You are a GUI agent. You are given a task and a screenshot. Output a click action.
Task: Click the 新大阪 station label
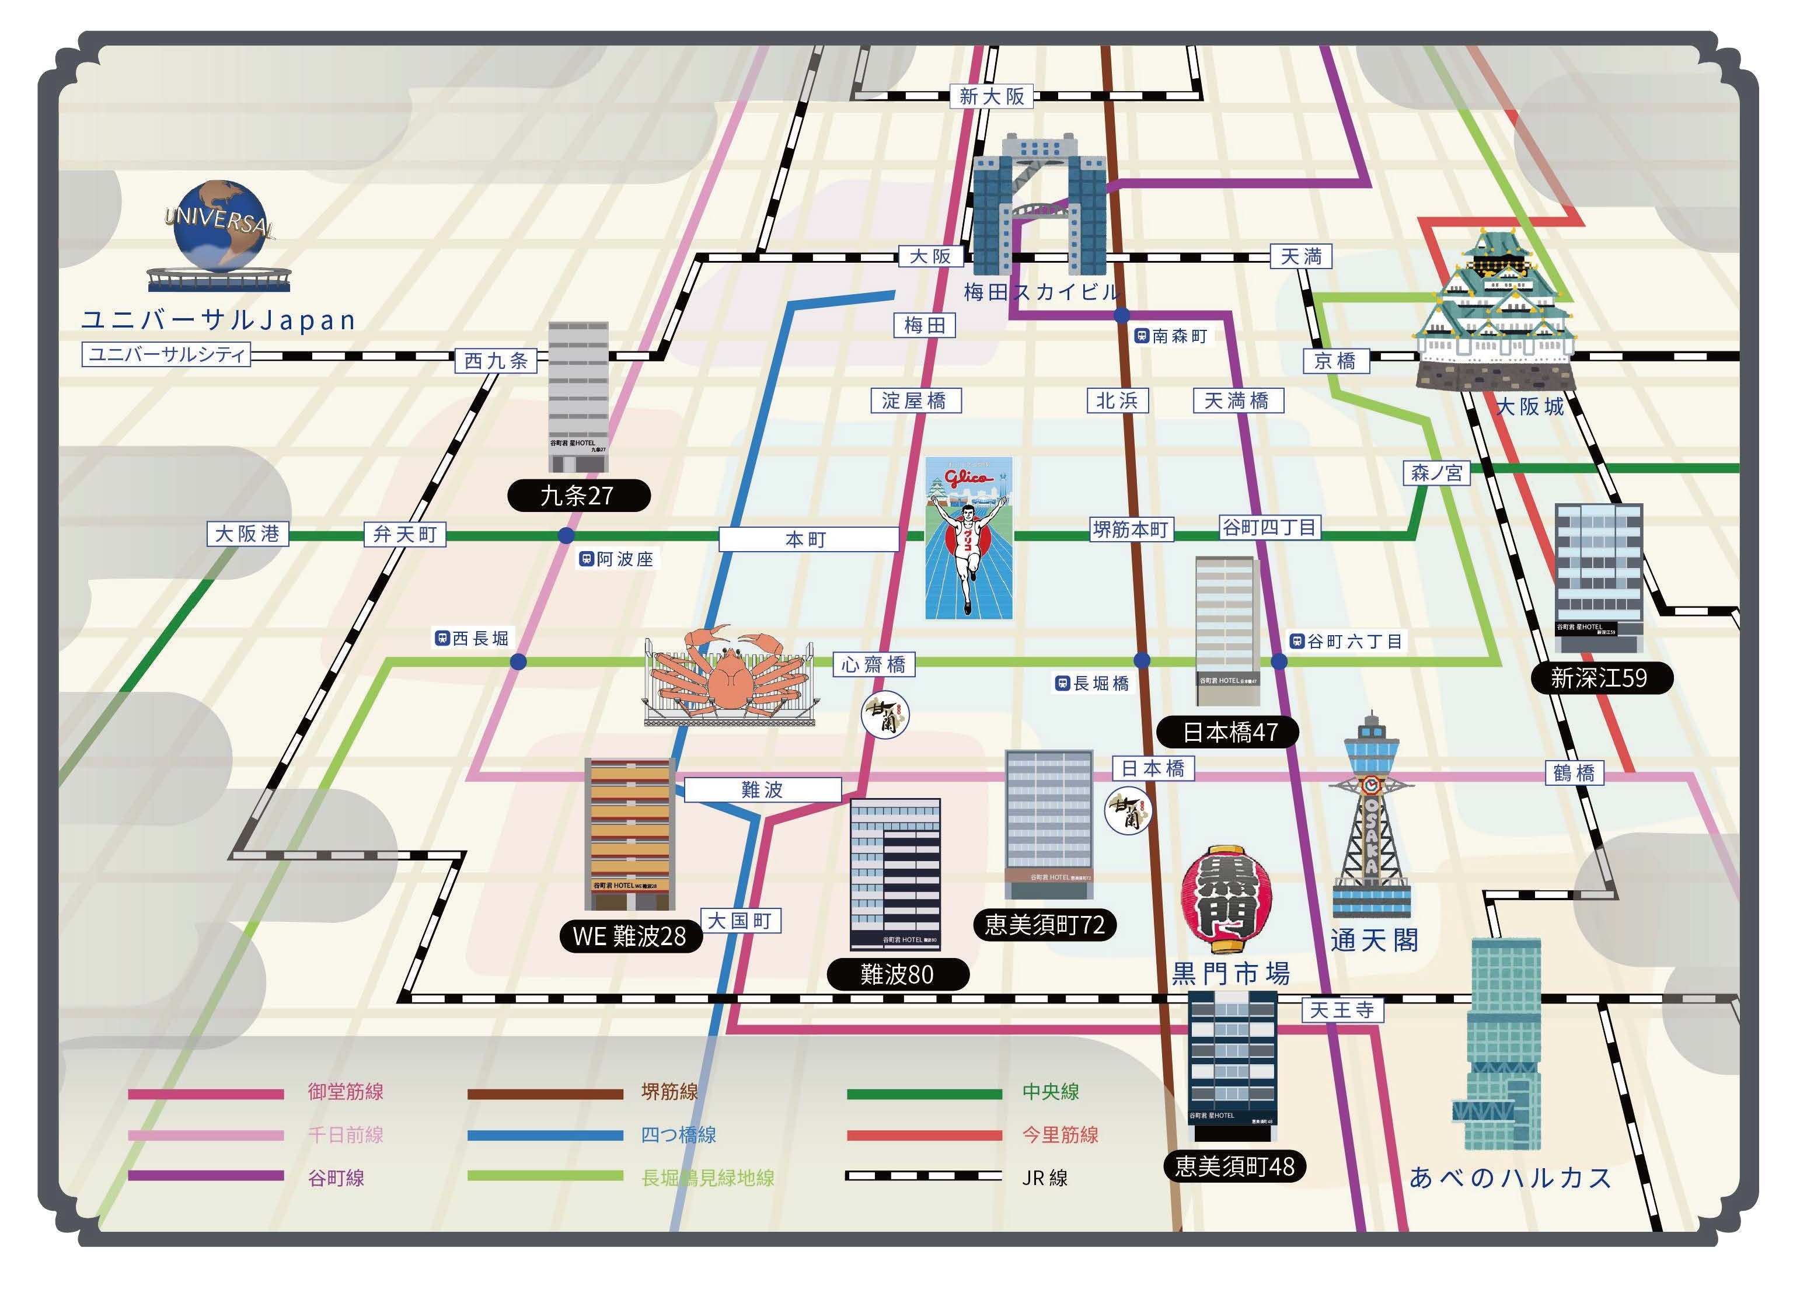[x=992, y=96]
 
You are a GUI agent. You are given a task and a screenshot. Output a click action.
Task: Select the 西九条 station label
[x=496, y=361]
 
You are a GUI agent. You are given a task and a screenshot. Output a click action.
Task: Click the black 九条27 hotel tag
[x=578, y=496]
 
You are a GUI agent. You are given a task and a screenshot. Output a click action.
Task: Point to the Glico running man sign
[x=968, y=538]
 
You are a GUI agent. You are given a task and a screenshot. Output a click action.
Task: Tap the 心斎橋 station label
[x=874, y=664]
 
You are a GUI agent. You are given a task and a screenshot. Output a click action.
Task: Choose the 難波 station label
[x=762, y=789]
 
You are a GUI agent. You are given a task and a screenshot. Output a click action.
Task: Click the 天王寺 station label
[x=1342, y=1010]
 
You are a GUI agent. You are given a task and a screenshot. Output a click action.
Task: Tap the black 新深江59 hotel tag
[x=1602, y=678]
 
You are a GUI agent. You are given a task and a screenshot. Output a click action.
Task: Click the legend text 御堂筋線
[x=346, y=1092]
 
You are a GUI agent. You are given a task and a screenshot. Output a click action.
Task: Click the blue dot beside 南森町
[x=1121, y=315]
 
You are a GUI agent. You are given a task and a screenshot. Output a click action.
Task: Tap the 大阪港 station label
[x=247, y=534]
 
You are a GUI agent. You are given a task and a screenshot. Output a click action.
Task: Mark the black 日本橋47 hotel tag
[x=1228, y=732]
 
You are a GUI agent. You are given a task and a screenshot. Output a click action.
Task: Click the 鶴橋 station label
[x=1574, y=772]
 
